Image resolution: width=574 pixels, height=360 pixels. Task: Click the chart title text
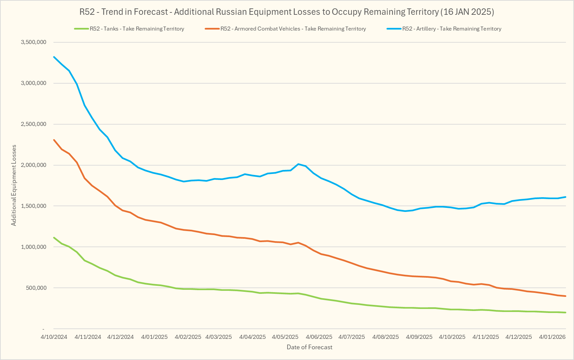287,12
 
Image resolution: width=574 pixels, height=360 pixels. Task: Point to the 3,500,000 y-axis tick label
34,42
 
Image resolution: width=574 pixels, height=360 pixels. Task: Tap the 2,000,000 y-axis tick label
34,165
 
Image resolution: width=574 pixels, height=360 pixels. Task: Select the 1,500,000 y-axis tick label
34,206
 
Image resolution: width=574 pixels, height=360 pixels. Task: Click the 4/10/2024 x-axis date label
54,337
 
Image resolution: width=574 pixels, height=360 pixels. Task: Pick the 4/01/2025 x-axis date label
154,337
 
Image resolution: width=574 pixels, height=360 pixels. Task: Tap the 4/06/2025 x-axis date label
319,337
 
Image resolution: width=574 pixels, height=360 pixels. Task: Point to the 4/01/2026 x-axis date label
552,337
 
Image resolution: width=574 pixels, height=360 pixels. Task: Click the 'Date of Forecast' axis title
310,347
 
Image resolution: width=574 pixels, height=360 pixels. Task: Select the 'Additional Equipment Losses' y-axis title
14,185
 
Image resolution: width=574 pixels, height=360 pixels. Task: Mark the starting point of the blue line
54,57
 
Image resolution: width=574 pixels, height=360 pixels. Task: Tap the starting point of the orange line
54,140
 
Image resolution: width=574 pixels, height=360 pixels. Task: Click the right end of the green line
566,313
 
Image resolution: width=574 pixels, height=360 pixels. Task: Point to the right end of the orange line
566,296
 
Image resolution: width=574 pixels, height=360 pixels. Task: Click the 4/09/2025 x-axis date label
419,337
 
